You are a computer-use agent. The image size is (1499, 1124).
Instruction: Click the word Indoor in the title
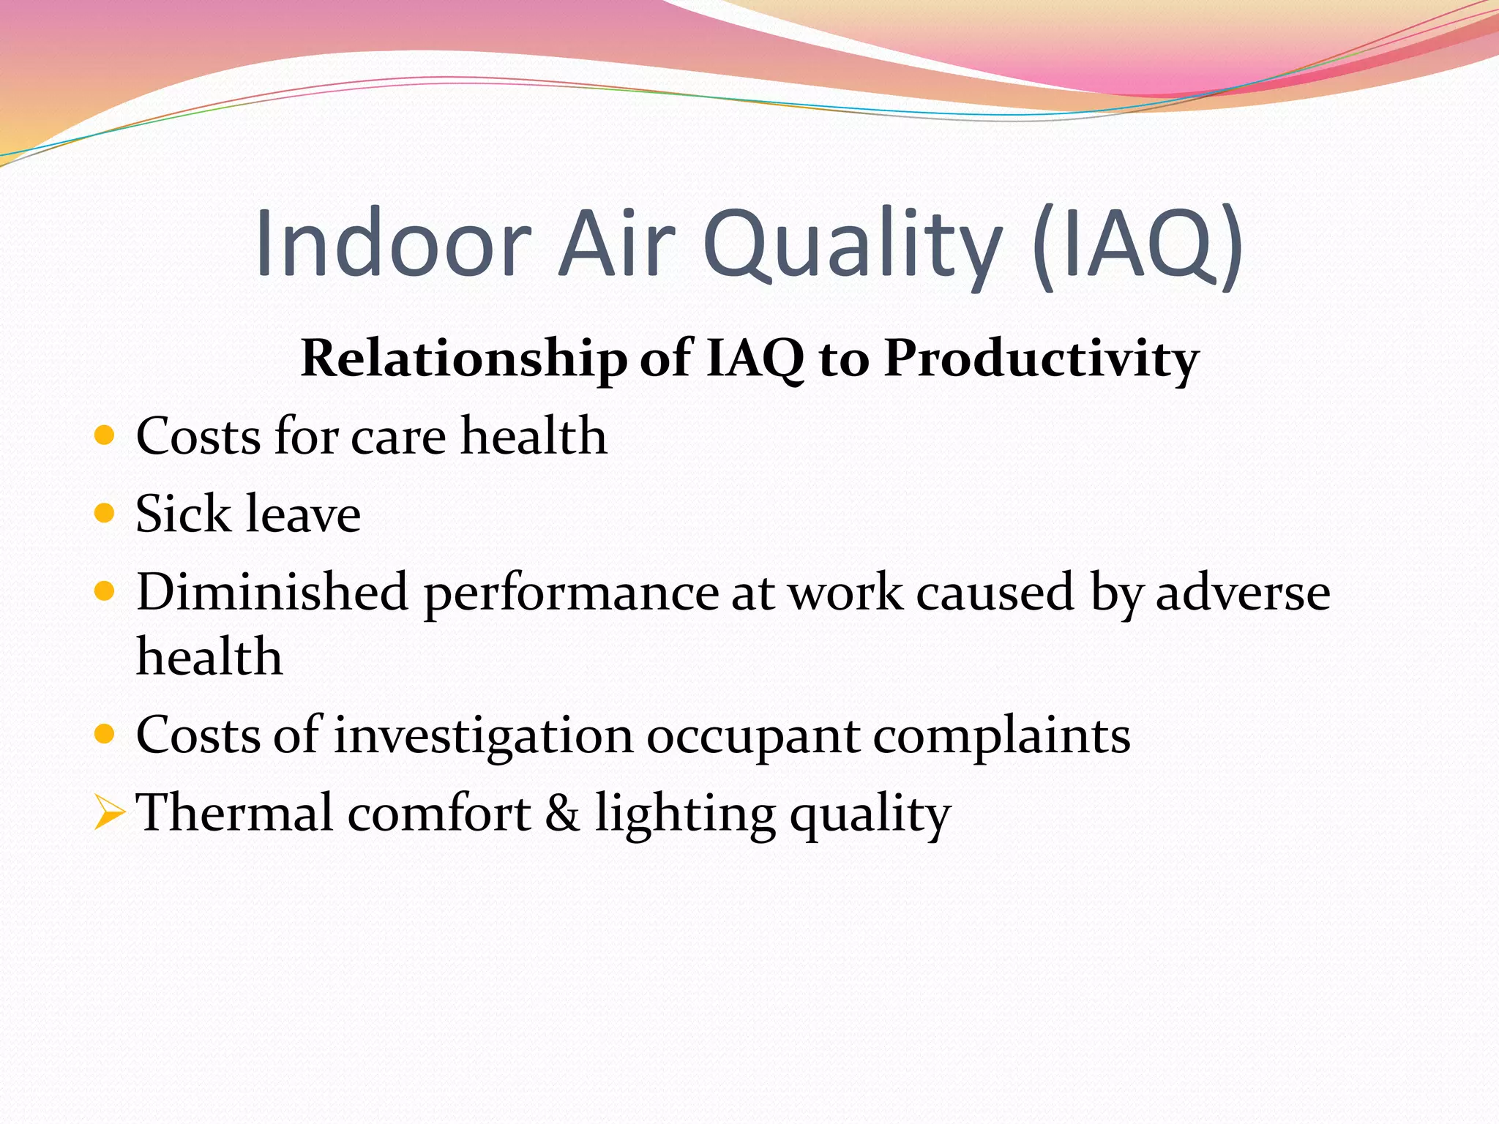click(x=393, y=243)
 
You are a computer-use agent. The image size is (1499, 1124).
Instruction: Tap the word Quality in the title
click(x=852, y=243)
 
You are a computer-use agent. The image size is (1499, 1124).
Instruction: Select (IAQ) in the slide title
click(x=1137, y=243)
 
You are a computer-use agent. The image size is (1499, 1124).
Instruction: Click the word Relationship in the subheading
click(x=463, y=359)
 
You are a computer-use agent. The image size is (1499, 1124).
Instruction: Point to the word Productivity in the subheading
click(x=1041, y=359)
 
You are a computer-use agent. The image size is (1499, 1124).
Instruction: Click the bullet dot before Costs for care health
click(x=105, y=435)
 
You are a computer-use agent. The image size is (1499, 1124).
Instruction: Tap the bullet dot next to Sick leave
click(x=105, y=513)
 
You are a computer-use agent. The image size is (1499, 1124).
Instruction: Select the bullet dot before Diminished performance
click(x=105, y=591)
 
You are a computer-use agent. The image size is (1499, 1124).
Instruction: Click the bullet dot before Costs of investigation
click(x=105, y=734)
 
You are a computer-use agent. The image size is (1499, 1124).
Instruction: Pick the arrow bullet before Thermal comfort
click(x=108, y=813)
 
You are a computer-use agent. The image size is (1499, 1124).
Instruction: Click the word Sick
click(x=183, y=513)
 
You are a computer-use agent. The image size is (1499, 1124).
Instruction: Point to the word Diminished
click(x=272, y=591)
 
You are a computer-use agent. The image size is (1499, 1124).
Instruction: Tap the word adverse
click(x=1242, y=591)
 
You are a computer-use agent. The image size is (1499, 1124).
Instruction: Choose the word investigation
click(x=483, y=735)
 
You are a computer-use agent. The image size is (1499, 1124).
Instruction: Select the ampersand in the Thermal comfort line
click(x=562, y=813)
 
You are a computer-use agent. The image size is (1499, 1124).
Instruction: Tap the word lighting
click(x=684, y=813)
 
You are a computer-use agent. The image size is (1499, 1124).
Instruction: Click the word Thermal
click(x=235, y=813)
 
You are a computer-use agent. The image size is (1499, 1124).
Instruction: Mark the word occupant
click(x=752, y=735)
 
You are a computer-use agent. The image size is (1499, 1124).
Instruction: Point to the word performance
click(x=571, y=591)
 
